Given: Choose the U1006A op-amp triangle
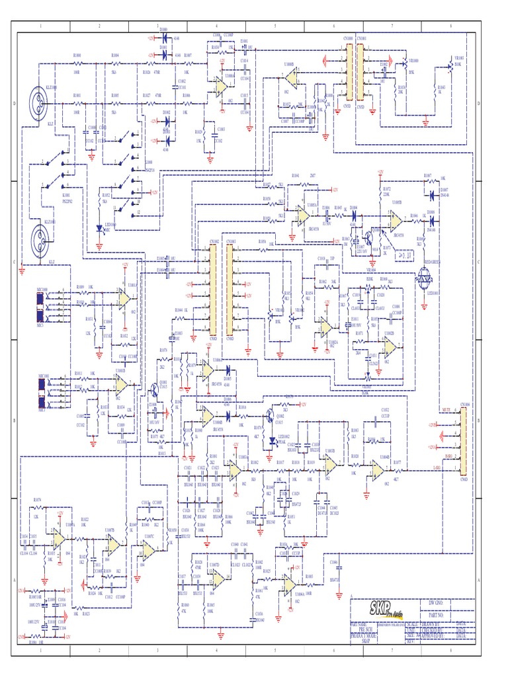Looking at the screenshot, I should pyautogui.click(x=289, y=583).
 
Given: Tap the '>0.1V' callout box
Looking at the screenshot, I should pyautogui.click(x=400, y=251).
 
